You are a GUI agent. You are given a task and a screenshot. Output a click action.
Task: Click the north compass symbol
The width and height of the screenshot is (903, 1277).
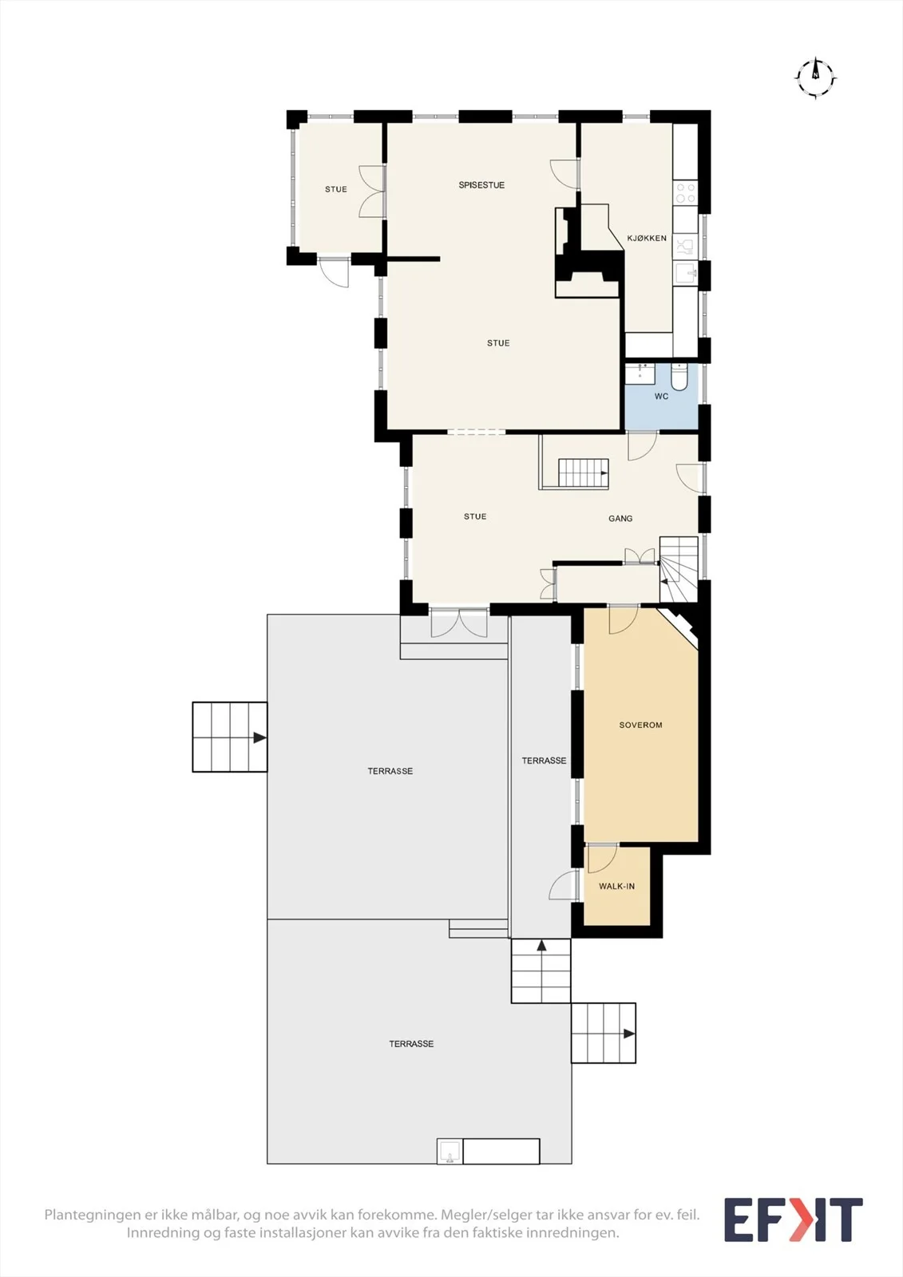[x=815, y=77]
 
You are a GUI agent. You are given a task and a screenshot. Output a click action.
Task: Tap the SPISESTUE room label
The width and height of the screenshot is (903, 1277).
[x=481, y=184]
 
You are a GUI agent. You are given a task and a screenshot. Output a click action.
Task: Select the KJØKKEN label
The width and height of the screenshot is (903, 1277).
[x=646, y=238]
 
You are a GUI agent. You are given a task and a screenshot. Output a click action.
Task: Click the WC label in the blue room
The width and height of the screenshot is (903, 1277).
[x=661, y=396]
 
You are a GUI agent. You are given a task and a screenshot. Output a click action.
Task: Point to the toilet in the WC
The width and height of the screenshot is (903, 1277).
[x=679, y=376]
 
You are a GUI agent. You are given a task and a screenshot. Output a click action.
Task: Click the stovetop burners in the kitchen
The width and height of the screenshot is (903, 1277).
[x=685, y=192]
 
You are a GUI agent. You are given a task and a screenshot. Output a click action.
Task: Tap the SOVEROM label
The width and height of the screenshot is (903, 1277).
[x=640, y=725]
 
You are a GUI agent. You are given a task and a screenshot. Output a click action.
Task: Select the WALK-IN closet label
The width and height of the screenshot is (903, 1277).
[x=616, y=887]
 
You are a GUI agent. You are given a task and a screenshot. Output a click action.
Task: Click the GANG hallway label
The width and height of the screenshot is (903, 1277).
[x=620, y=518]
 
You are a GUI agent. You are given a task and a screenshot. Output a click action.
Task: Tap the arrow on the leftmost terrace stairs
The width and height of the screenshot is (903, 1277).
[x=259, y=737]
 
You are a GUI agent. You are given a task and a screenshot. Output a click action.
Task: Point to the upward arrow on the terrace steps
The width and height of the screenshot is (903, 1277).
[x=541, y=946]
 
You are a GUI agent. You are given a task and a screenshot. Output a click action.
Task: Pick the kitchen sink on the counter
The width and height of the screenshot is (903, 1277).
[x=685, y=275]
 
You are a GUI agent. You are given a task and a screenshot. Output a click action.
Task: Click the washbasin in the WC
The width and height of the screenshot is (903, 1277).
[x=640, y=373]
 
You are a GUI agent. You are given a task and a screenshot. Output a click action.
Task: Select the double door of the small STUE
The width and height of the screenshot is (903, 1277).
[x=371, y=192]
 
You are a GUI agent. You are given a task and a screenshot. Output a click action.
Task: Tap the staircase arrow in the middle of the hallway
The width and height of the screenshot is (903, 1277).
[x=603, y=473]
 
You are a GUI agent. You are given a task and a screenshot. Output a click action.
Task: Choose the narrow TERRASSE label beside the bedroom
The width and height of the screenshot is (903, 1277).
[x=544, y=761]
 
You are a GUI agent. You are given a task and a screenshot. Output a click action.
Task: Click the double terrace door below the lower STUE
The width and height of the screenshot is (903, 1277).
[x=459, y=623]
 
